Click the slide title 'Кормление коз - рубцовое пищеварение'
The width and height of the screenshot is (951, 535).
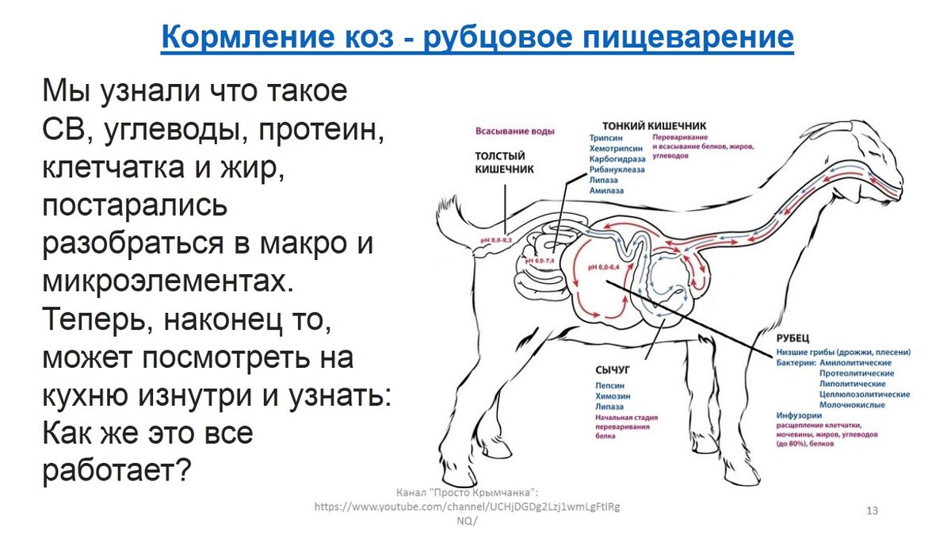click(477, 37)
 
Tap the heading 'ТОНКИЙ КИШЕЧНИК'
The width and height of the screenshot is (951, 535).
click(654, 125)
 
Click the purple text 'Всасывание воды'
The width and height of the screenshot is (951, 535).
click(514, 131)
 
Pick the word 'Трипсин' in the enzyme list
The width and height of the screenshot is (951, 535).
click(605, 137)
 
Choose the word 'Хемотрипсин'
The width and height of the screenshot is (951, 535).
click(614, 148)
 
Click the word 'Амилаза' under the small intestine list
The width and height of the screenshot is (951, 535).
click(606, 191)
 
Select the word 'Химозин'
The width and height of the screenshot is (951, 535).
click(613, 396)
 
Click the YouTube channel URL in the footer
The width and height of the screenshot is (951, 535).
click(467, 506)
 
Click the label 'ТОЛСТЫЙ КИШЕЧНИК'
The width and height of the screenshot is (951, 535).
click(504, 162)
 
